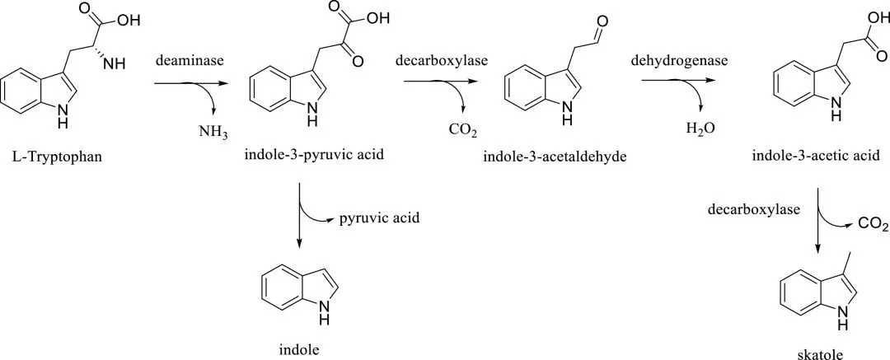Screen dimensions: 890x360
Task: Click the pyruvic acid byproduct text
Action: coord(380,218)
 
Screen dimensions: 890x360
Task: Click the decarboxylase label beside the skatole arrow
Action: coord(754,209)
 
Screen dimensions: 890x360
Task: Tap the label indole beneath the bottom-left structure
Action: coord(299,349)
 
